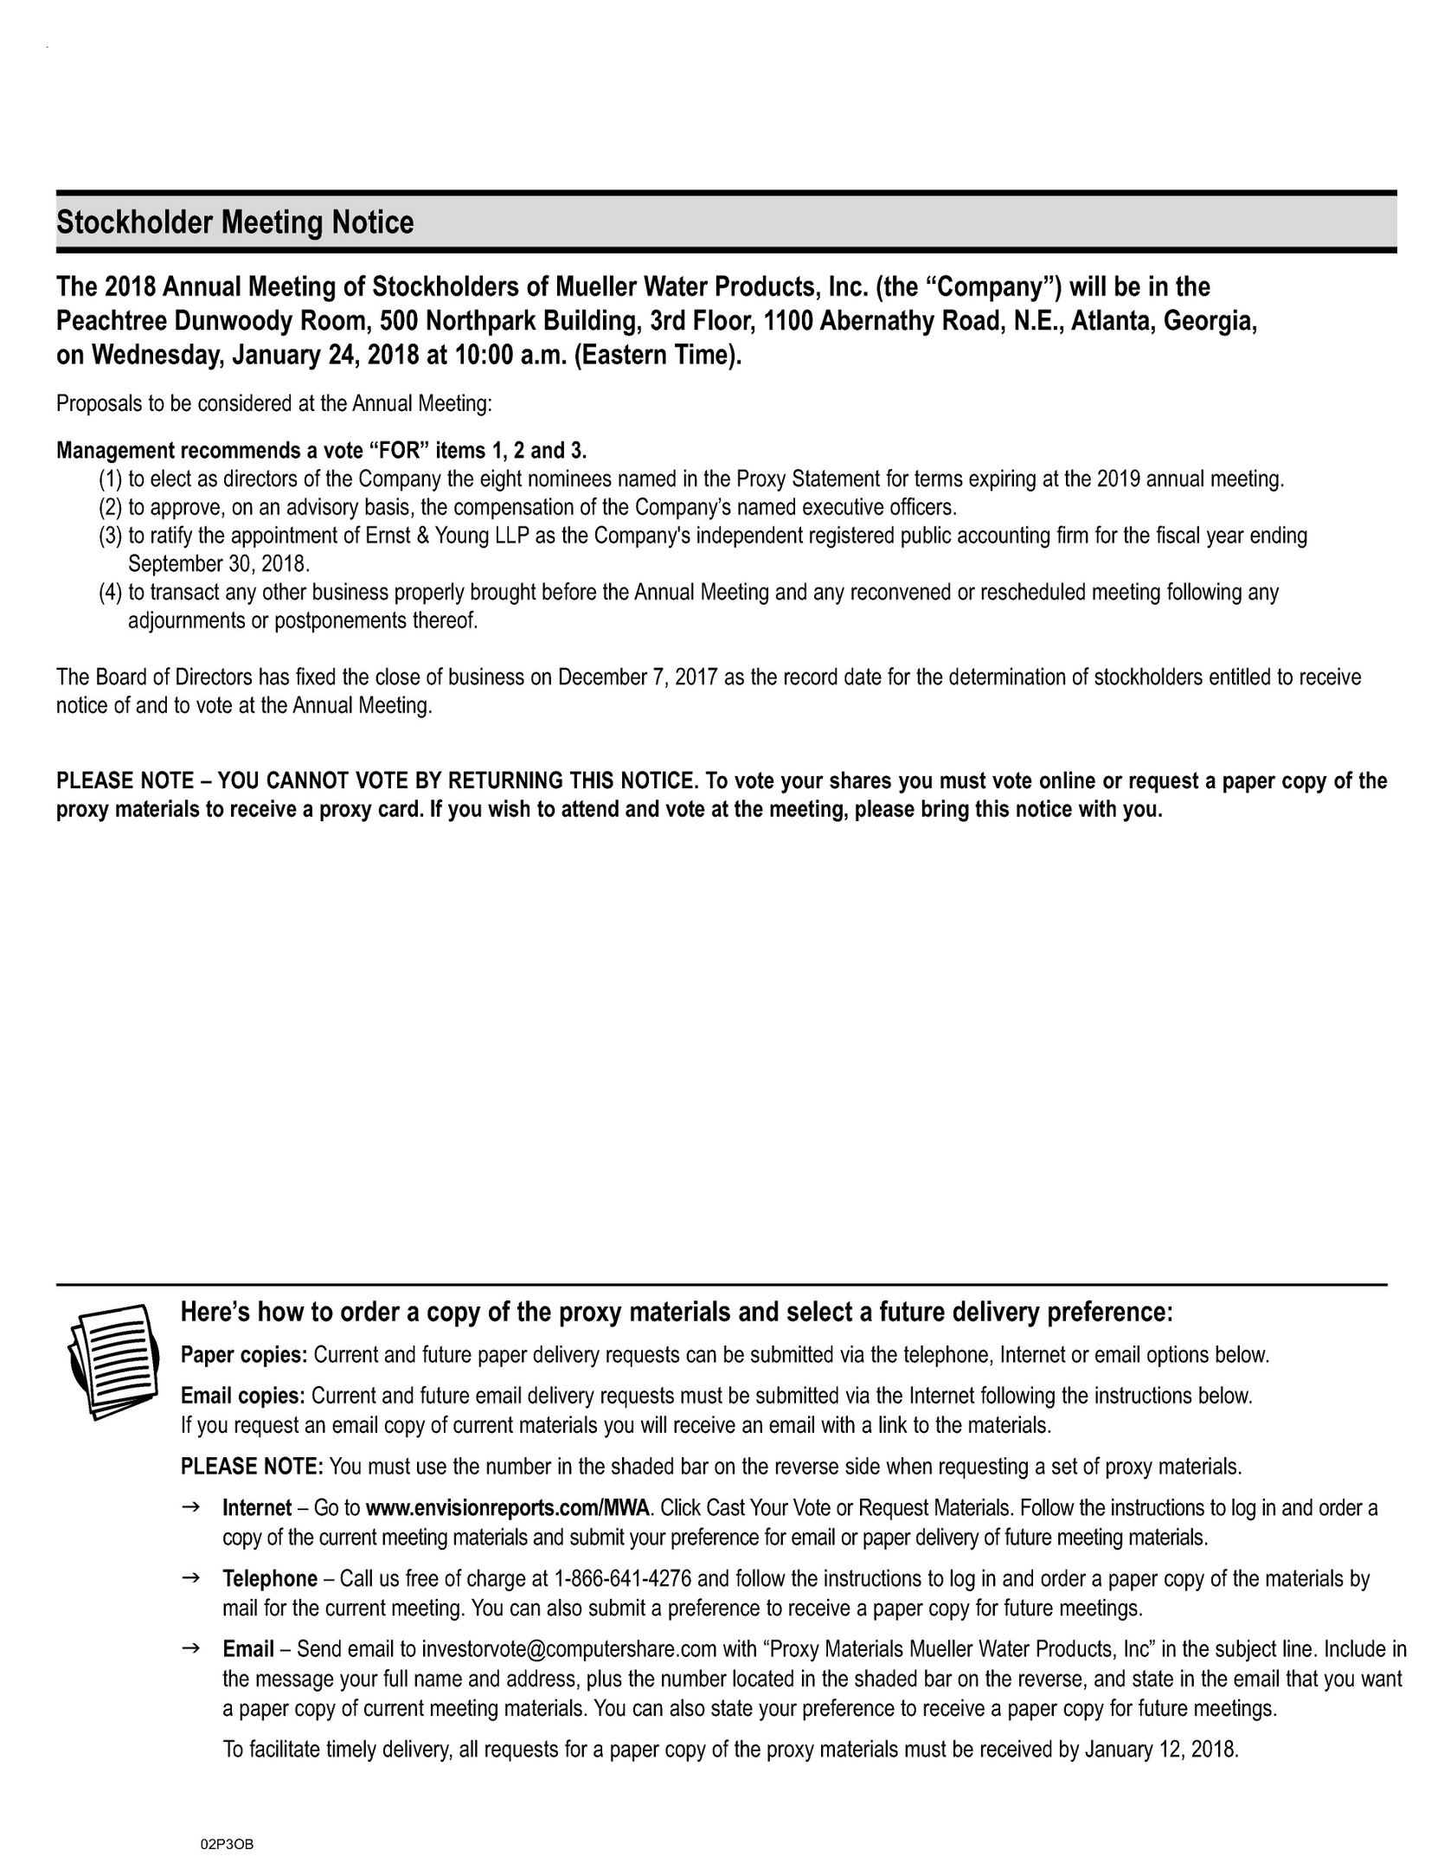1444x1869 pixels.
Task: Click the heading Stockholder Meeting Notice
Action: [x=235, y=223]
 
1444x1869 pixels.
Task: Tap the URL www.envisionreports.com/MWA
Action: [x=507, y=1508]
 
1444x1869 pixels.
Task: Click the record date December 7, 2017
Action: [x=639, y=677]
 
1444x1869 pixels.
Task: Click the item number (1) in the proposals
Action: [x=111, y=479]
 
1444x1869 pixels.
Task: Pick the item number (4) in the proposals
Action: [x=111, y=593]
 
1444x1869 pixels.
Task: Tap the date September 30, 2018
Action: [x=218, y=564]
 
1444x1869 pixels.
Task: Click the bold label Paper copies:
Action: [x=244, y=1355]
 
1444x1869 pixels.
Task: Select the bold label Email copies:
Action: [x=242, y=1396]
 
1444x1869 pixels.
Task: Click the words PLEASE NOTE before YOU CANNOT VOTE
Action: [x=125, y=781]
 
